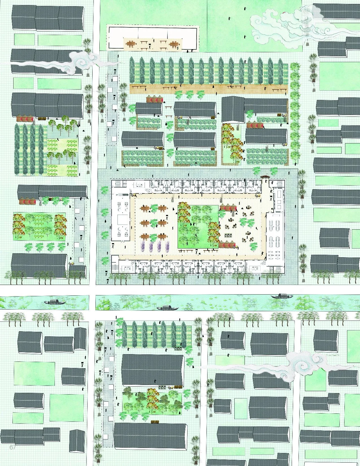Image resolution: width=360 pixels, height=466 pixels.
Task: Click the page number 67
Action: [x=13, y=447]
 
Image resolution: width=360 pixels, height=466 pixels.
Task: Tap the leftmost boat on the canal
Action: [x=54, y=302]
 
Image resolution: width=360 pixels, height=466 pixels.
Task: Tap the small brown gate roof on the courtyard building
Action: [x=264, y=177]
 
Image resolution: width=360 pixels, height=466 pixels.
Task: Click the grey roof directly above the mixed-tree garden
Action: [x=153, y=370]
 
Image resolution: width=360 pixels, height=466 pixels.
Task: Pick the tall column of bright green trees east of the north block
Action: [x=295, y=113]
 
